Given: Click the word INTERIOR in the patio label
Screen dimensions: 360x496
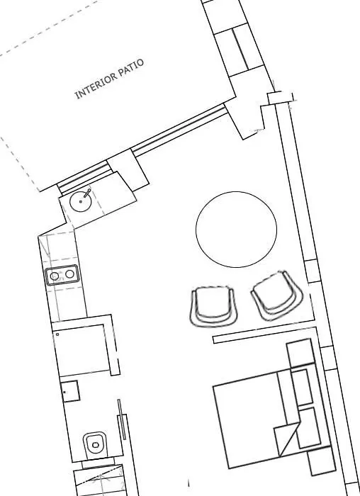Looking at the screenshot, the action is click(x=96, y=86).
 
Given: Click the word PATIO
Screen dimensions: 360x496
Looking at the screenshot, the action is click(x=131, y=67).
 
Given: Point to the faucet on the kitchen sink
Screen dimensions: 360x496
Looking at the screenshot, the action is click(x=87, y=193).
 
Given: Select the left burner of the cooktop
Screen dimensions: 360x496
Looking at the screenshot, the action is click(x=55, y=276).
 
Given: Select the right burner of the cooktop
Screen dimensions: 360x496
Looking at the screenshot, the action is click(x=69, y=274).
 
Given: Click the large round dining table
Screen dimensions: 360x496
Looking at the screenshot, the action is click(x=236, y=230).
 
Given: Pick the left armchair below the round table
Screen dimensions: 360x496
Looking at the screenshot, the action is click(x=213, y=307).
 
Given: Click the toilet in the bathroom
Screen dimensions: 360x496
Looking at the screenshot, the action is click(x=95, y=444).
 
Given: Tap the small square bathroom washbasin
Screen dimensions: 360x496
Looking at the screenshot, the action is click(x=70, y=391).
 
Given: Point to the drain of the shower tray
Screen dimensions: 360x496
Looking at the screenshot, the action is click(x=57, y=334).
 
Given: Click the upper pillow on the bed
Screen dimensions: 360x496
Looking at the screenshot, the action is click(x=301, y=387).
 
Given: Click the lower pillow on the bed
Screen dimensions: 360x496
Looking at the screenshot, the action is click(x=309, y=428).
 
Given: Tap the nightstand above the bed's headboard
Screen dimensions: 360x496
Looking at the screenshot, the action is click(x=300, y=353).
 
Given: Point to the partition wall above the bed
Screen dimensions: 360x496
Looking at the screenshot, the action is click(x=264, y=335).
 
